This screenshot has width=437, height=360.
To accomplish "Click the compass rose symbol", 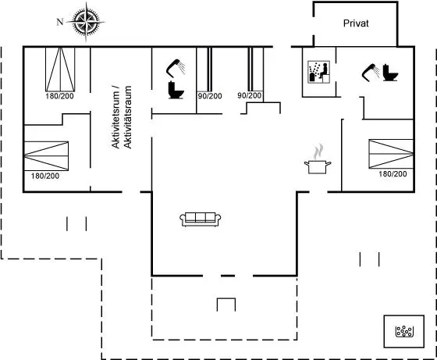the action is click(86, 22).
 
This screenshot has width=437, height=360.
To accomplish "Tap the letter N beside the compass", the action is click(60, 22).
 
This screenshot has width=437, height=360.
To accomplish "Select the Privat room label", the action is click(356, 23).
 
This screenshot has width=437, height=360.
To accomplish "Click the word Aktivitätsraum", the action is click(127, 117).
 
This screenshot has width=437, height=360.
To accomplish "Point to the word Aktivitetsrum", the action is click(115, 116).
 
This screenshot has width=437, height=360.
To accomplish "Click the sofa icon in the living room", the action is click(201, 219).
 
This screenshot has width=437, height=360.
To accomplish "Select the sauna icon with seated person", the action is click(319, 72).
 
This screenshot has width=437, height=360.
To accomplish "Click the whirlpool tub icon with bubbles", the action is click(404, 331).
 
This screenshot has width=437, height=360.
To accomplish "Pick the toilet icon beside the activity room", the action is click(176, 90).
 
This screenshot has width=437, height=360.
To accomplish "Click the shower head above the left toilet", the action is click(176, 68).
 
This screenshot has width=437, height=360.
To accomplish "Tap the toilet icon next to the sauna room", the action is click(390, 73).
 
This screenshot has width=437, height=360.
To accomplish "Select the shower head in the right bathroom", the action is click(371, 73).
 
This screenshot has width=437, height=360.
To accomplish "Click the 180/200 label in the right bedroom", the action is click(393, 174).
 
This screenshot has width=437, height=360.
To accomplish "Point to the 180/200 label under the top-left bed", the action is click(59, 96).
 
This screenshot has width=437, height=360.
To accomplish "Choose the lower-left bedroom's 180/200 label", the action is click(45, 176).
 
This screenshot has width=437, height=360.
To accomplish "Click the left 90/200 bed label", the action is click(210, 96).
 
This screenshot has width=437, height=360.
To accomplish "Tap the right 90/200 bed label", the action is click(250, 95).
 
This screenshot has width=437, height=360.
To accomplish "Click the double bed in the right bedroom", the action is click(391, 154).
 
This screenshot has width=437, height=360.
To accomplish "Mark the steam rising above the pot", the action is click(318, 151).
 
